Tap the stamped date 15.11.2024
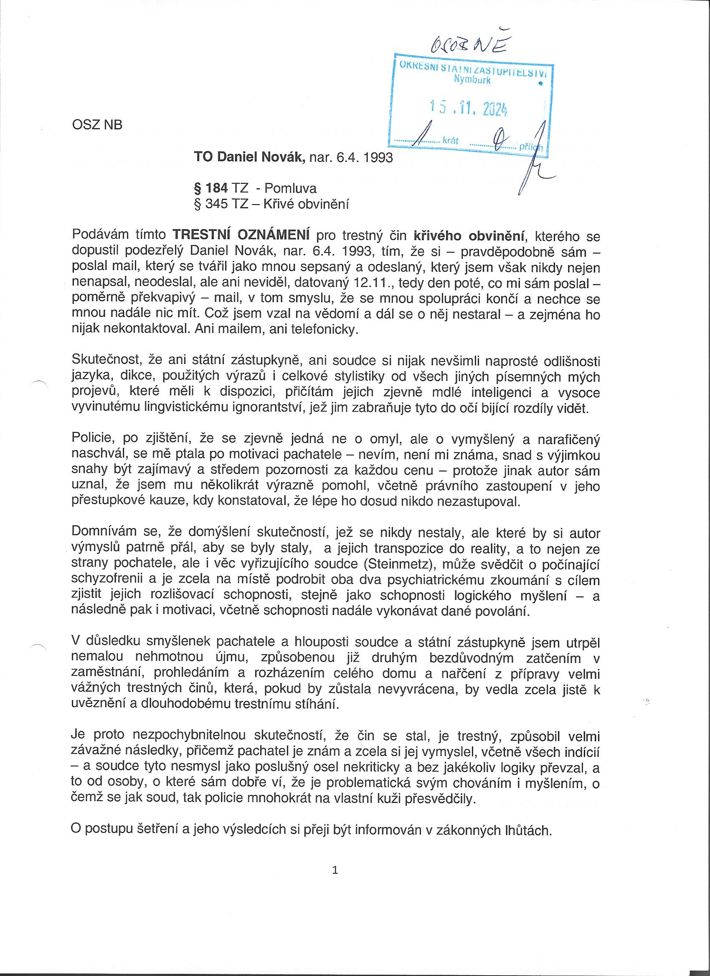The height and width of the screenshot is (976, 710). click(x=469, y=109)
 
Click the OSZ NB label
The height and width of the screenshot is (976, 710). click(x=97, y=125)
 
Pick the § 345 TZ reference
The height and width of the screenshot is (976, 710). click(x=221, y=204)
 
